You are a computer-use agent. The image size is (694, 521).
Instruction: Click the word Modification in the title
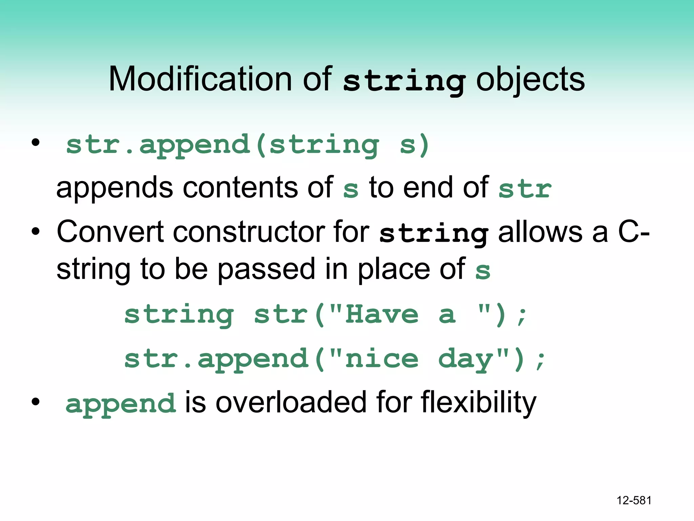pyautogui.click(x=200, y=79)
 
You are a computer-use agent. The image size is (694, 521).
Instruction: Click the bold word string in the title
pyautogui.click(x=404, y=81)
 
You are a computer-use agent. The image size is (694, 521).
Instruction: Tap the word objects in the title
pyautogui.click(x=530, y=80)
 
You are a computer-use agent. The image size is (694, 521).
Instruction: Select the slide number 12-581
pyautogui.click(x=634, y=500)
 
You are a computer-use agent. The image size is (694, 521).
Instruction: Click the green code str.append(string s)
pyautogui.click(x=247, y=145)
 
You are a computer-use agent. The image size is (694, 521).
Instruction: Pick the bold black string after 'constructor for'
pyautogui.click(x=434, y=234)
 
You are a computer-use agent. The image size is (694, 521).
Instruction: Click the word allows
pyautogui.click(x=540, y=232)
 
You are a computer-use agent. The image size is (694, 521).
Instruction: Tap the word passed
pyautogui.click(x=266, y=269)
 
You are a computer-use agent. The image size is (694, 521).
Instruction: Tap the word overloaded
pyautogui.click(x=291, y=402)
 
